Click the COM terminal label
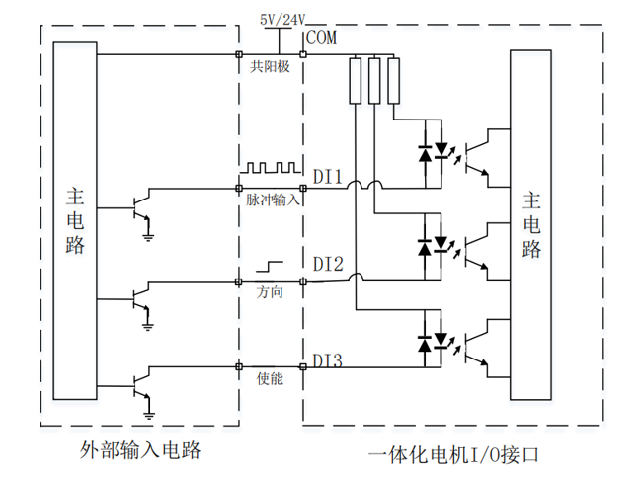[x=322, y=38]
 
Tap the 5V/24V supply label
[x=282, y=20]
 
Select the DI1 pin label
[x=328, y=177]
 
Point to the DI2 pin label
[x=328, y=264]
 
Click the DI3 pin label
[x=328, y=360]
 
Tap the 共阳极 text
[x=270, y=66]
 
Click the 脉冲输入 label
[x=273, y=200]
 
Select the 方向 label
[x=270, y=292]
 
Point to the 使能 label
[x=270, y=378]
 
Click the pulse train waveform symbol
[x=271, y=168]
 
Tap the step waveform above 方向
[x=270, y=267]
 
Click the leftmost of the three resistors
[x=355, y=81]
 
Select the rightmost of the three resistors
[x=393, y=81]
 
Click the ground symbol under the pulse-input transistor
[x=148, y=237]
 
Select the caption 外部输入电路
[x=140, y=450]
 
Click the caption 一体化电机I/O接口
[x=453, y=455]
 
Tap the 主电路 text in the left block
[x=75, y=220]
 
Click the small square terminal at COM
[x=303, y=54]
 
